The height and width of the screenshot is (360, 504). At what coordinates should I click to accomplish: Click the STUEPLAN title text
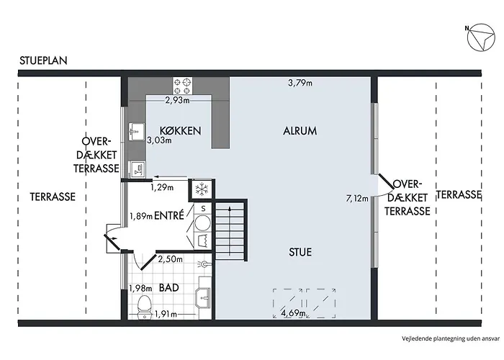tap(43, 60)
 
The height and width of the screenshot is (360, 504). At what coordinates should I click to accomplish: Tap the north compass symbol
tap(480, 37)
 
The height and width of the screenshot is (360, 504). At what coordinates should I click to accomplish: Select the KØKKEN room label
tap(180, 130)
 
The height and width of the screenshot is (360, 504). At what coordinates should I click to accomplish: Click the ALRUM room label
tap(300, 131)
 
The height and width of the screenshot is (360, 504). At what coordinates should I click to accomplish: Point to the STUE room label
tap(300, 252)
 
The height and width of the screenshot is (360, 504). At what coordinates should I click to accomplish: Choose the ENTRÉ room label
tap(169, 215)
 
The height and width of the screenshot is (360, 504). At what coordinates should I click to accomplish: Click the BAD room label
tap(169, 287)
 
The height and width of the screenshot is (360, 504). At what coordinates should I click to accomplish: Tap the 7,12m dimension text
tap(357, 198)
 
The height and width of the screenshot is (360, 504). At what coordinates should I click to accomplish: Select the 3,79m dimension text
tap(300, 83)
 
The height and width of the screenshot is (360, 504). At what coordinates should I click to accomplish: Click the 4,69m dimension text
tap(293, 312)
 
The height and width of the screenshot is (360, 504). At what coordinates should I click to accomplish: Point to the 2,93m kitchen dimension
tap(177, 100)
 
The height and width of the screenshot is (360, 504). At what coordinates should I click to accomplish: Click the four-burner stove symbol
tap(183, 86)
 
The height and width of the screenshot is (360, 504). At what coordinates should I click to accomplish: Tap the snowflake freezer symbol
tap(202, 189)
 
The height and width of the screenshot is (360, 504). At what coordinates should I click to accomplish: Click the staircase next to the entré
tap(230, 230)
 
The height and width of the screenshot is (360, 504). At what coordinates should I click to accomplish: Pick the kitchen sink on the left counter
tap(137, 132)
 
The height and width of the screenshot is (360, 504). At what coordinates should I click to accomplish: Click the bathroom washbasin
tap(203, 297)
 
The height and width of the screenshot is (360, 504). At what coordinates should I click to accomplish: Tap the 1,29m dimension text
tap(162, 187)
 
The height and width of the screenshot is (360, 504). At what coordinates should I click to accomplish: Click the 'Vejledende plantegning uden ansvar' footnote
tap(451, 338)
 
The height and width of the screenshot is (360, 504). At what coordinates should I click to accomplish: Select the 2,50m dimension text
tap(171, 258)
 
